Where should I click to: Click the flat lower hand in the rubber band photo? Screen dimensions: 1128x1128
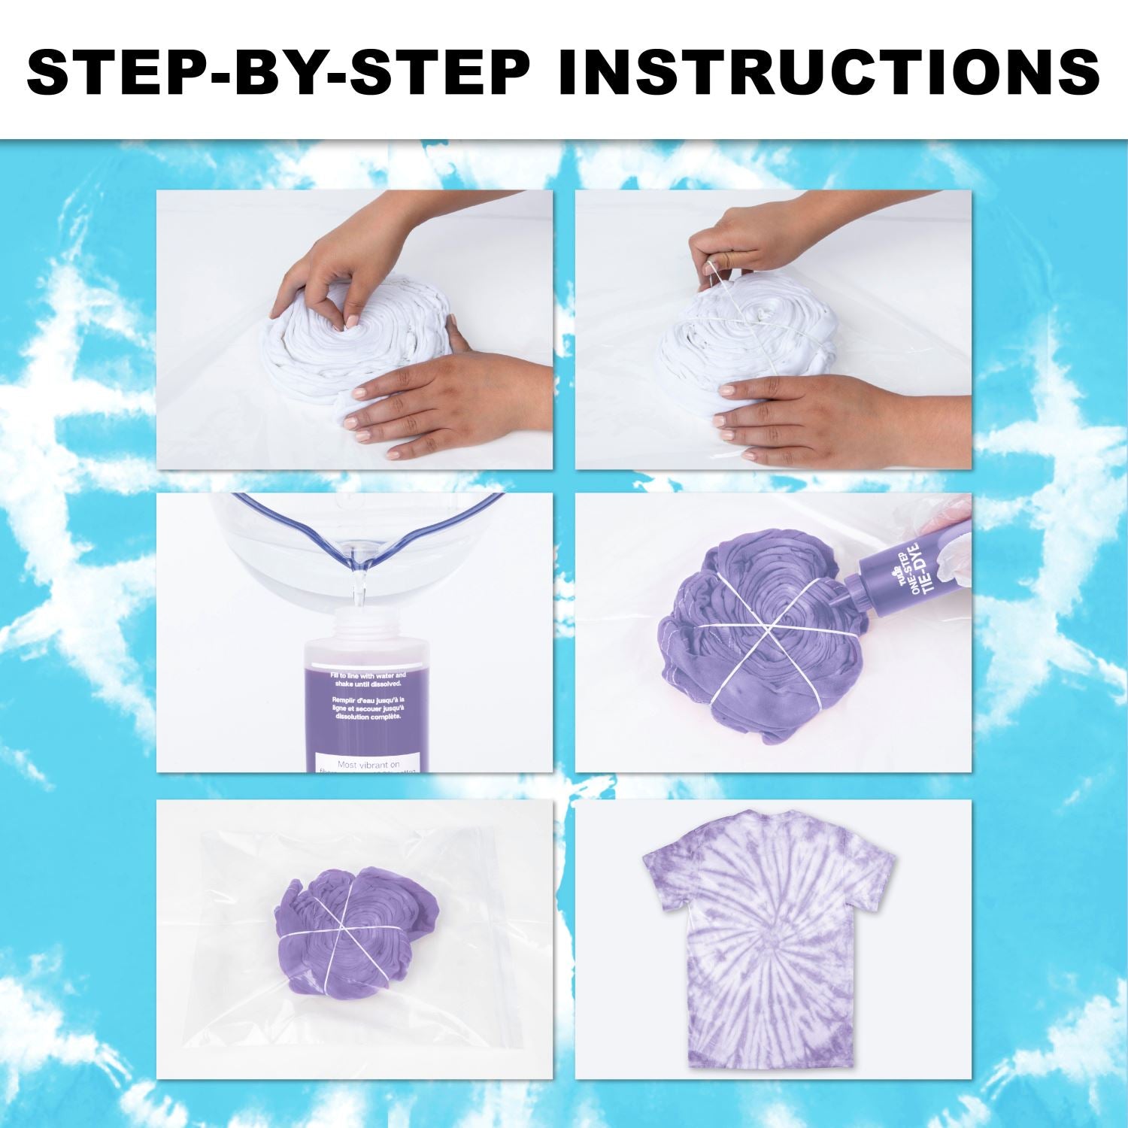(x=812, y=414)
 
